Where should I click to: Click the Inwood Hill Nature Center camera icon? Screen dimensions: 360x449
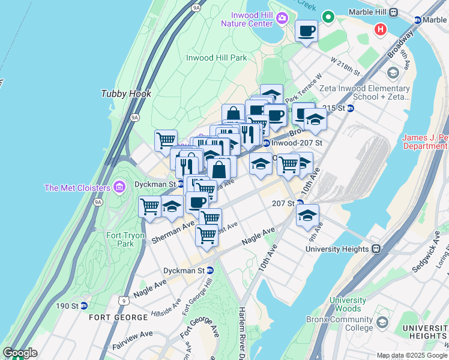point(282,18)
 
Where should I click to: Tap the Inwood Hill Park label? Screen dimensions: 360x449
point(217,58)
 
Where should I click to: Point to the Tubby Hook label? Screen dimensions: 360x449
point(126,94)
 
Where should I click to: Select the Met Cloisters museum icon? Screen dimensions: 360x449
point(119,188)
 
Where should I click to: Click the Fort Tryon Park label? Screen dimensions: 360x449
point(126,239)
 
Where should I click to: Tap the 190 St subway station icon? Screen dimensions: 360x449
point(84,306)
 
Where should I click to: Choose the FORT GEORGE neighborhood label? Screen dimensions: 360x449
point(118,317)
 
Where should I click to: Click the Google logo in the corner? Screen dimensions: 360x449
point(20,353)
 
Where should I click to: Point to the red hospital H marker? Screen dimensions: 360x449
point(380,29)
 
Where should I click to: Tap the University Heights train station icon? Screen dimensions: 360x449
point(376,248)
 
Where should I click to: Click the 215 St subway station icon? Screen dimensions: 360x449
point(351,108)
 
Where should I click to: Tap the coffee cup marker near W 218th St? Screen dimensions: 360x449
point(306,32)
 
